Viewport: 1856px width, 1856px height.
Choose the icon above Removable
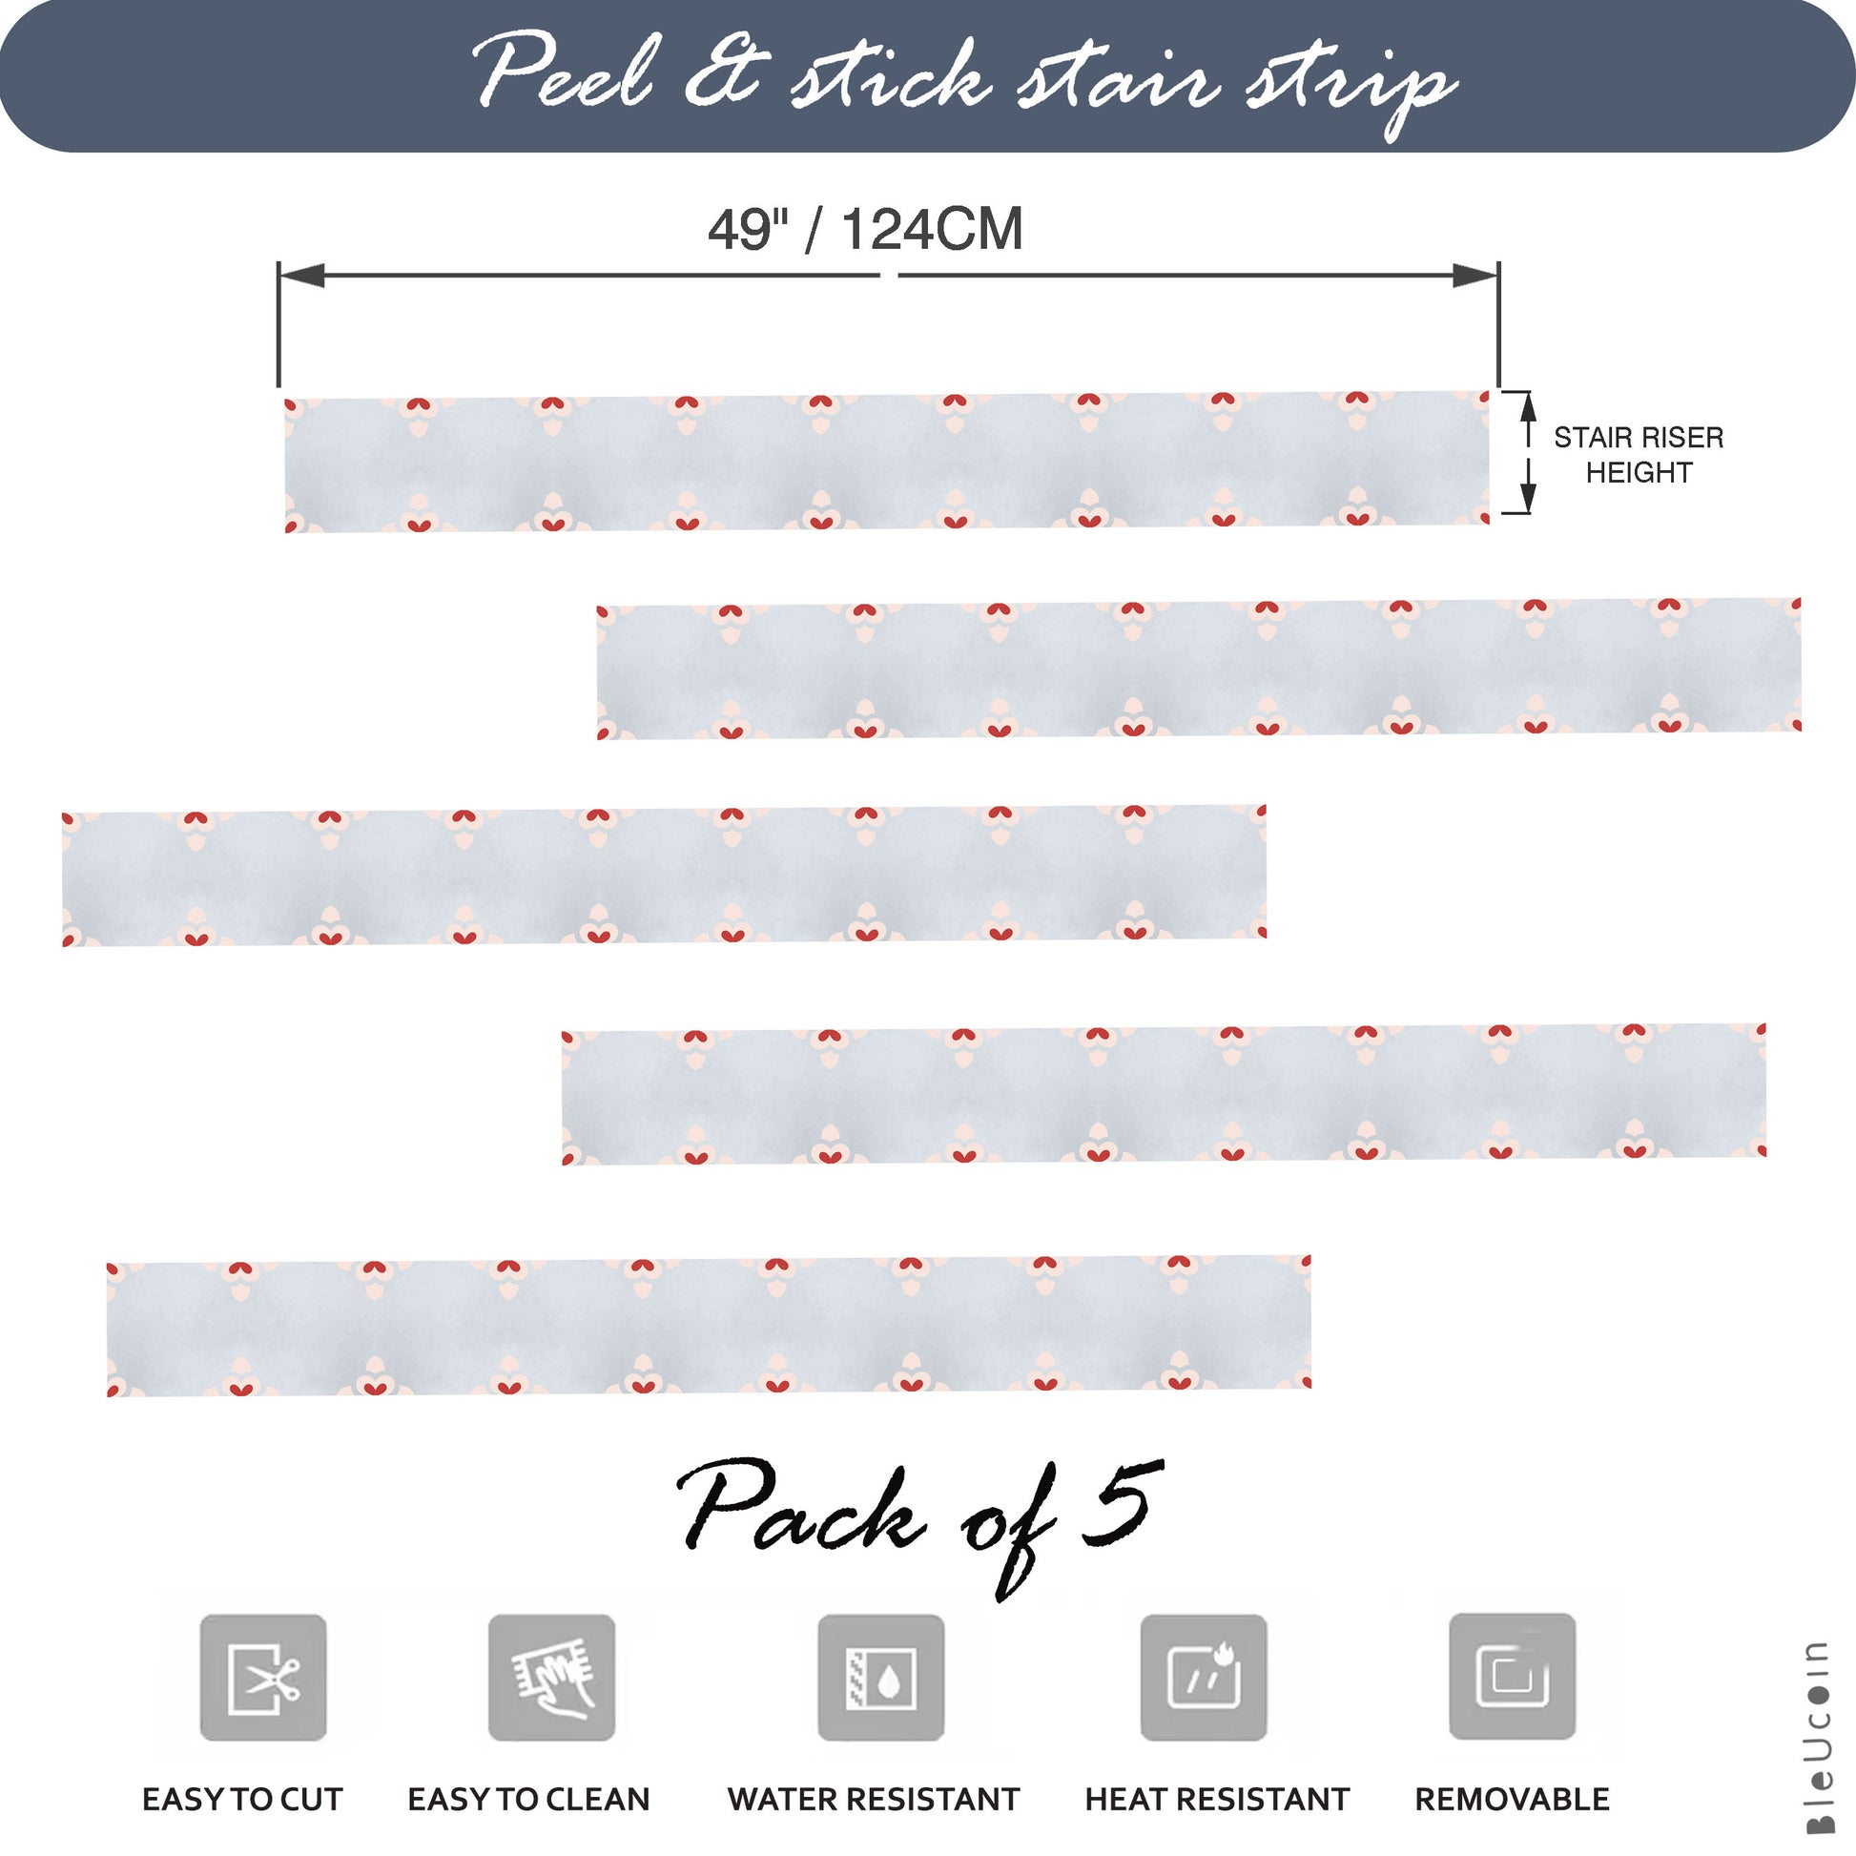point(1512,1677)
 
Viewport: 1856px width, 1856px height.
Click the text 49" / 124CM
point(866,230)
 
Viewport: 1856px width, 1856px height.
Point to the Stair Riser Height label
point(1639,454)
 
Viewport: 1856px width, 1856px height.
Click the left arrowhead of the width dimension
point(301,276)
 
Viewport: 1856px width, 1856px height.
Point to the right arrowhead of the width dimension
point(1475,276)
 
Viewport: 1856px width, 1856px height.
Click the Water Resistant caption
point(874,1799)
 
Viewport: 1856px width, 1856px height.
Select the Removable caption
point(1512,1799)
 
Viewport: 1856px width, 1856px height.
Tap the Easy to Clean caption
point(528,1799)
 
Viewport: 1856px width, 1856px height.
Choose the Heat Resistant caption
point(1217,1799)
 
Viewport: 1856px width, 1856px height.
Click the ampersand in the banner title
point(726,73)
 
